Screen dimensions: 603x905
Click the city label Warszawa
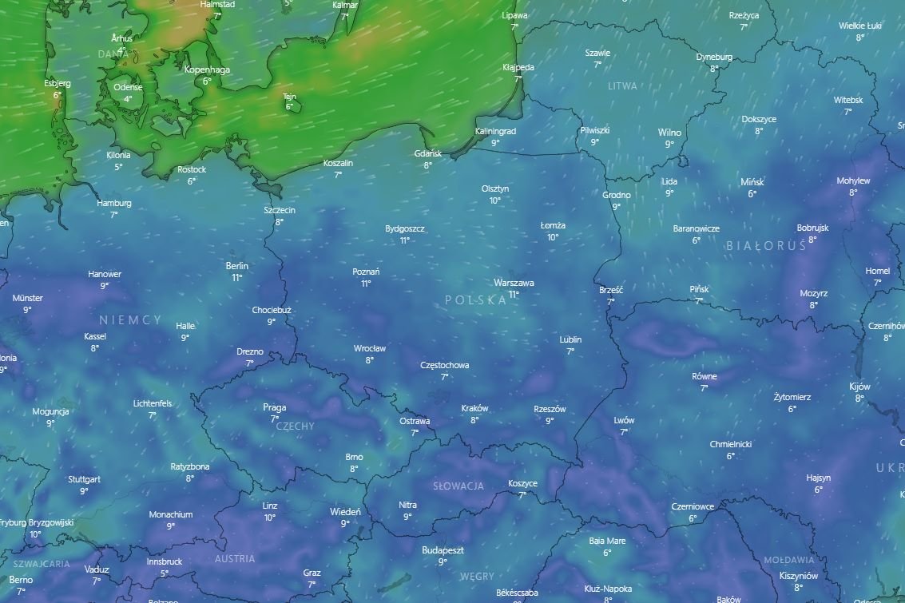514,283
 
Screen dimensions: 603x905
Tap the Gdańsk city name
428,153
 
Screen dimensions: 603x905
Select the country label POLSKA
475,300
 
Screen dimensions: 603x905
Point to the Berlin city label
237,266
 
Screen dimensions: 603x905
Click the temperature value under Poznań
366,284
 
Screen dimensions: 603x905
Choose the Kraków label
474,408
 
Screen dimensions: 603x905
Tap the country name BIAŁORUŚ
766,246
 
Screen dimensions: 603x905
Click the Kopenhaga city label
207,69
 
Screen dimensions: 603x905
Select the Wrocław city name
370,348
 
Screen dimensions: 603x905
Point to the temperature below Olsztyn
495,200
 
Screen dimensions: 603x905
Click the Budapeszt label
443,549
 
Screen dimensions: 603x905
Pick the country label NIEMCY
130,319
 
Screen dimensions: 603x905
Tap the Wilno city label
669,133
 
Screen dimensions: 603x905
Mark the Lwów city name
624,420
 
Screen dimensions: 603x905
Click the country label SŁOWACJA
458,486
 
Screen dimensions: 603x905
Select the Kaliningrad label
495,131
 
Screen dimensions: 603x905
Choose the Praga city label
274,407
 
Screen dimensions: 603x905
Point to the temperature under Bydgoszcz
405,240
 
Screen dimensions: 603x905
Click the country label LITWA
622,85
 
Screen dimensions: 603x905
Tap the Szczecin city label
280,210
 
